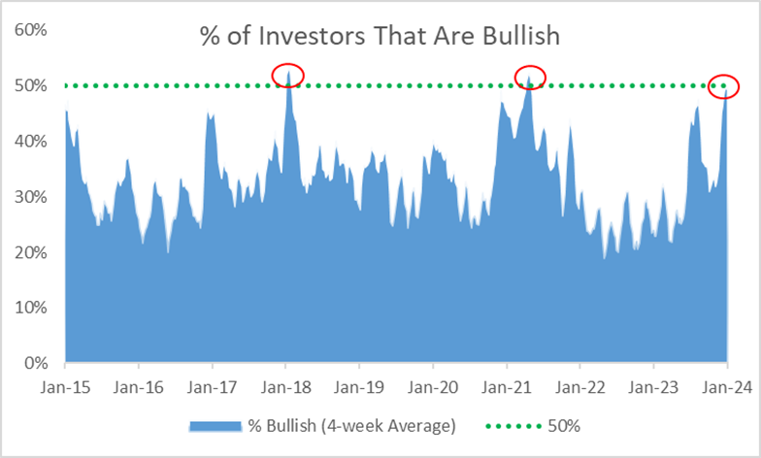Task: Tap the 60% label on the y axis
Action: [x=31, y=30]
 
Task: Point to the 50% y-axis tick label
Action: [x=31, y=85]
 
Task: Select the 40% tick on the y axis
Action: [x=31, y=142]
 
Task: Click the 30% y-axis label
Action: [x=31, y=197]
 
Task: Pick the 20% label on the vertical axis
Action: [x=31, y=252]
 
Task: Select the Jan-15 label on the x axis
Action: [x=65, y=386]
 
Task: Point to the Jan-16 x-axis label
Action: [x=139, y=386]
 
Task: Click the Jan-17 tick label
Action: [x=213, y=386]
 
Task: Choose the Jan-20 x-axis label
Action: [x=433, y=386]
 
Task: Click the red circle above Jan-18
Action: [x=288, y=74]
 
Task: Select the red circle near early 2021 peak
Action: [x=530, y=75]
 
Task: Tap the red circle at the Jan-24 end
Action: [x=723, y=85]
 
